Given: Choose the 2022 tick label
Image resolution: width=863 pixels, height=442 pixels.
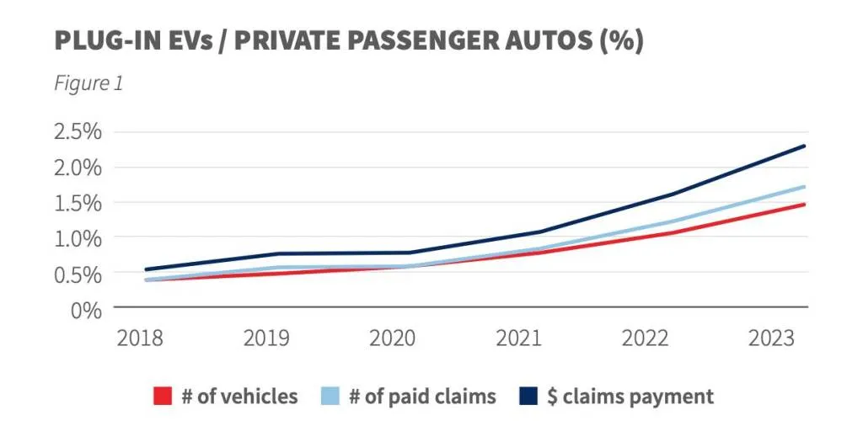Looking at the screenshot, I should click(646, 338).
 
